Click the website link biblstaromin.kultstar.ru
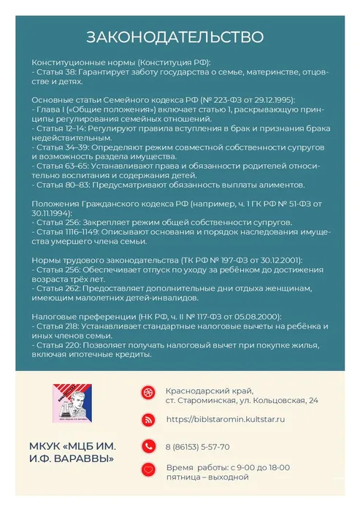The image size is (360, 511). click(x=226, y=420)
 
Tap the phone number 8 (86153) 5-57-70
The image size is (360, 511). click(x=197, y=447)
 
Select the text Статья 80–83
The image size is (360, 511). click(x=63, y=185)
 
